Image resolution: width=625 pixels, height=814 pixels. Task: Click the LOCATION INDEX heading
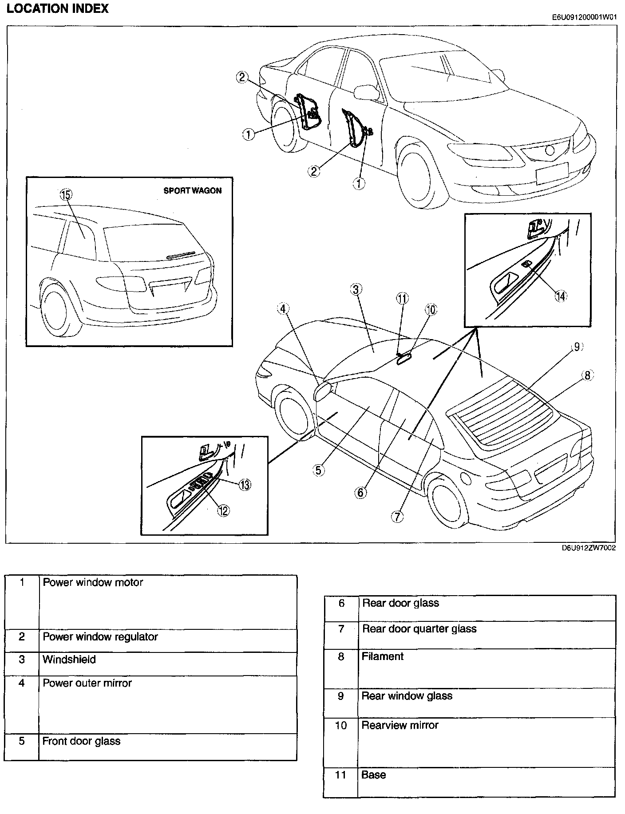point(58,8)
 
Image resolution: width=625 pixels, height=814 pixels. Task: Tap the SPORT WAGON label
point(192,190)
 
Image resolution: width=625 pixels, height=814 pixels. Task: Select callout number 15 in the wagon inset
point(66,194)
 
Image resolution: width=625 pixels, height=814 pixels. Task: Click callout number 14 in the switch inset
point(561,296)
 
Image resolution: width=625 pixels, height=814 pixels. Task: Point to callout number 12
point(223,510)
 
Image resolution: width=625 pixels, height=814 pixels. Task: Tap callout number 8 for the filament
point(587,375)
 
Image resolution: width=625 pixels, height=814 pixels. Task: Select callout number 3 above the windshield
point(356,290)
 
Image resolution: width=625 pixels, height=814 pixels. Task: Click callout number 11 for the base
point(402,298)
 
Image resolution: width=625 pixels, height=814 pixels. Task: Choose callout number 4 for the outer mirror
point(284,308)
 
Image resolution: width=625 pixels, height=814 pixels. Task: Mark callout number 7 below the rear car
point(397,516)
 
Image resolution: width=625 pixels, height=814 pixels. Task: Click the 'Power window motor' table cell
point(93,582)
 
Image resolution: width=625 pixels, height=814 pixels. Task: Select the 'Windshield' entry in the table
point(69,660)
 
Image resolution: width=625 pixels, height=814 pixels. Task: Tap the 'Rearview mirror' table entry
point(400,725)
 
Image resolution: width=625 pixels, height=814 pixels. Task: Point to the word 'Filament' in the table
point(382,656)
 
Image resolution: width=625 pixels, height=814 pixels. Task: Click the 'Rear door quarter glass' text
point(419,629)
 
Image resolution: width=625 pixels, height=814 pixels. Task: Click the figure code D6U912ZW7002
point(589,548)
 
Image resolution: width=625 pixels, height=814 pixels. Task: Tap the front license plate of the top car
point(552,173)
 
